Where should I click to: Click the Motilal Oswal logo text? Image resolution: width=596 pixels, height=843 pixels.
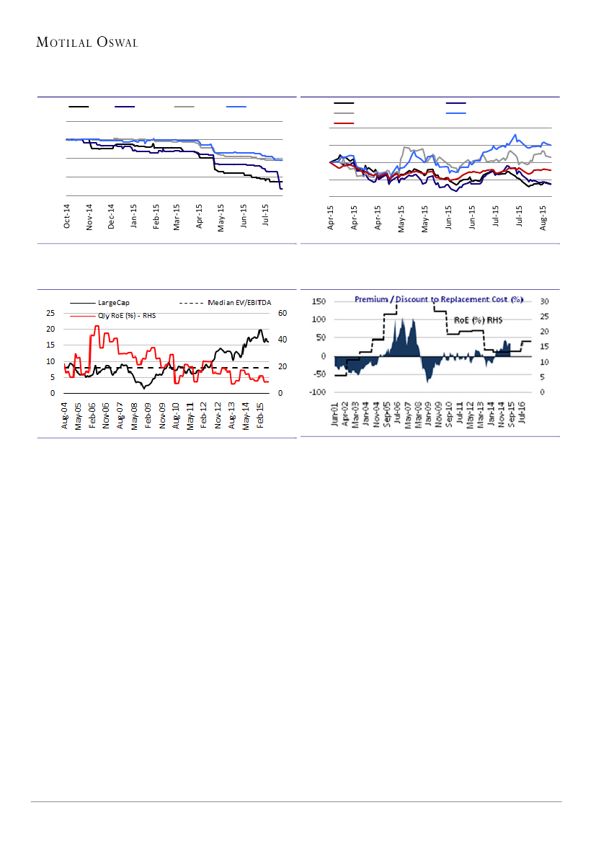pos(86,43)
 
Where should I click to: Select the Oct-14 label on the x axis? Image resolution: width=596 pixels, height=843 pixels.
pos(67,216)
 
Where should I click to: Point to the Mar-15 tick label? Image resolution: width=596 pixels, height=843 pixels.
pos(177,216)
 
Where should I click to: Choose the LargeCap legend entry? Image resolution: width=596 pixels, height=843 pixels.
pos(113,303)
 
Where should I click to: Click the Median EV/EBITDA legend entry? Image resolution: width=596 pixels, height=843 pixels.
pos(233,303)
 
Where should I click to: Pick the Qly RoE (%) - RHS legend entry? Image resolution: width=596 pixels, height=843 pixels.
pos(126,315)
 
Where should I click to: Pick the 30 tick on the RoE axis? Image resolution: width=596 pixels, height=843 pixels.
pos(546,301)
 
